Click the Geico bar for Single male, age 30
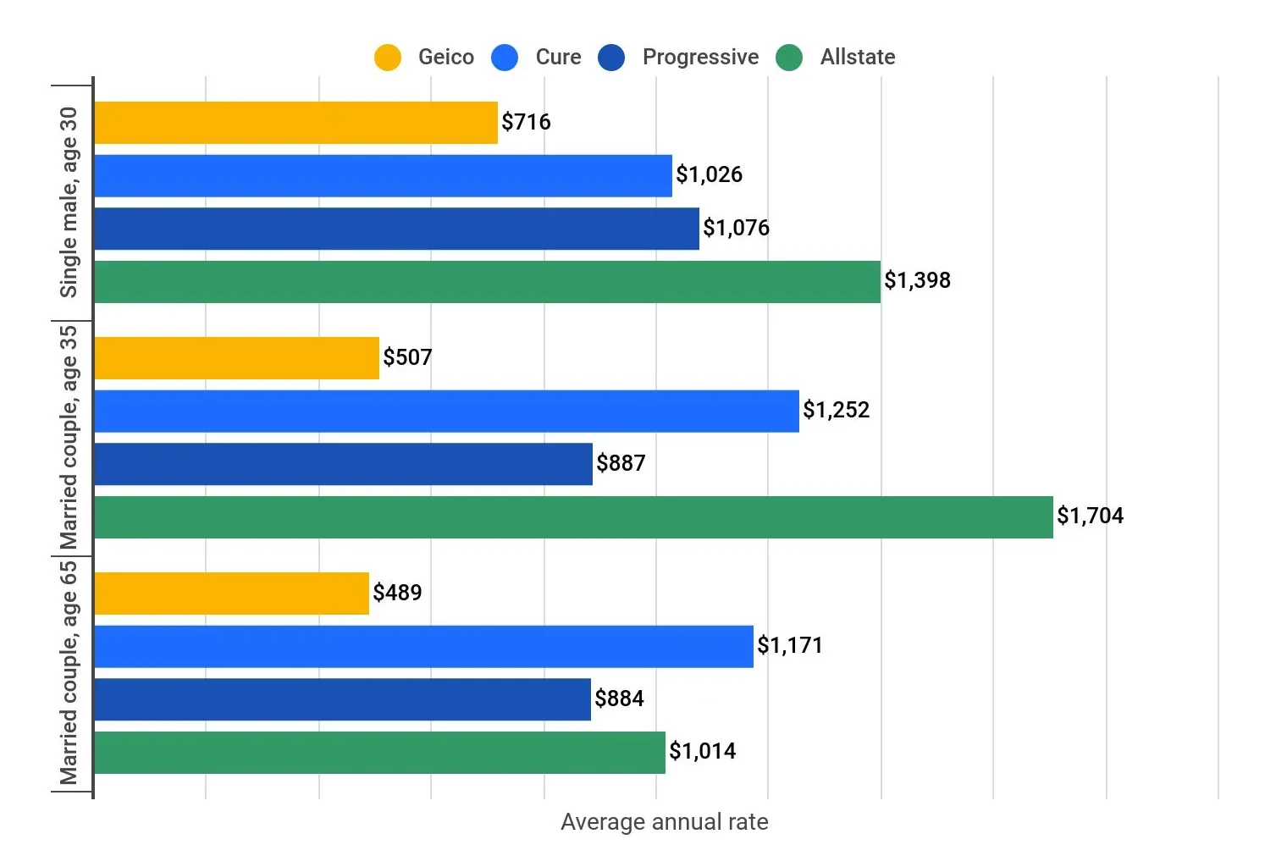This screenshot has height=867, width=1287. point(296,123)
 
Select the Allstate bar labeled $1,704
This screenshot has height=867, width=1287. point(573,517)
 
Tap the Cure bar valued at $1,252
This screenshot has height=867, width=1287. point(446,411)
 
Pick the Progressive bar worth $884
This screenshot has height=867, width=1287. point(342,699)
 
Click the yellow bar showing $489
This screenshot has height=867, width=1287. point(231,594)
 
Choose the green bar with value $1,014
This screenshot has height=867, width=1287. point(379,753)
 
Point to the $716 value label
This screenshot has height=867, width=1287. point(526,122)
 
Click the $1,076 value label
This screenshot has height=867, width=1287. point(736,228)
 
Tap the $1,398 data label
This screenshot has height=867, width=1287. point(917,280)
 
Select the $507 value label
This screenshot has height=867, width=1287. point(407,357)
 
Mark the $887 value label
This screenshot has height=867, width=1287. point(621,463)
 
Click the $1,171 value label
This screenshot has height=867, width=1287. point(789,645)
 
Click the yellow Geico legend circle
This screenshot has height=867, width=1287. point(388,58)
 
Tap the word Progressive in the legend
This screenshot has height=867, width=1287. point(700,57)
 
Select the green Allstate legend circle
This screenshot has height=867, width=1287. point(789,58)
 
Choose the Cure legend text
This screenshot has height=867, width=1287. point(558,57)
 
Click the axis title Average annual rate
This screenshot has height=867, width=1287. point(664,822)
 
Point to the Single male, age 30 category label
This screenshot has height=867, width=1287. point(69,202)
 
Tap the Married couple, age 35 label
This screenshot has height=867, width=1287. point(69,437)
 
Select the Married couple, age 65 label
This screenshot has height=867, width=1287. point(69,672)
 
